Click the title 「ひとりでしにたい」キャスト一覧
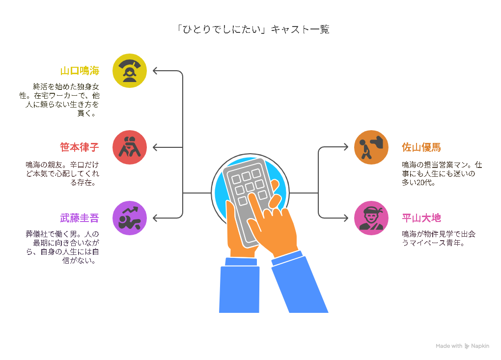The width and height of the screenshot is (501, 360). [x=253, y=29]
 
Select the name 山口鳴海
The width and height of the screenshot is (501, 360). [x=80, y=71]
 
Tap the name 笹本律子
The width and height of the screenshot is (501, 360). [x=80, y=147]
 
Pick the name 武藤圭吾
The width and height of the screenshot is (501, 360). [x=80, y=218]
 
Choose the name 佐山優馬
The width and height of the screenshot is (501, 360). [x=421, y=147]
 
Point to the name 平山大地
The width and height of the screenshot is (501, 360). [x=421, y=218]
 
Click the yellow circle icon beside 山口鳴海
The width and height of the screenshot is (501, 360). [x=129, y=71]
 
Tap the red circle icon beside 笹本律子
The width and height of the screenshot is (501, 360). [x=129, y=147]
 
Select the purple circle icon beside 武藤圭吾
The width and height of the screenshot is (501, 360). [x=129, y=218]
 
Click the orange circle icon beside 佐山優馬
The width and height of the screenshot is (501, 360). [x=371, y=147]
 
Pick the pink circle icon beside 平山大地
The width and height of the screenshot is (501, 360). [x=371, y=218]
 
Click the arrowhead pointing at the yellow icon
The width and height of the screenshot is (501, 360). [x=155, y=71]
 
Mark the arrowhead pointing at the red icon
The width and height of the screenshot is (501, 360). [x=155, y=147]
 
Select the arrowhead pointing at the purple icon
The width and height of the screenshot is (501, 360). [x=155, y=218]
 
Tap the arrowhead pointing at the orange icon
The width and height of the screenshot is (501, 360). [x=346, y=147]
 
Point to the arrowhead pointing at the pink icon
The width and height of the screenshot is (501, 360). [x=346, y=218]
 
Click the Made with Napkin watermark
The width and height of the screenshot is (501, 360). [x=462, y=346]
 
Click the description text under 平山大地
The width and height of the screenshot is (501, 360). [x=439, y=238]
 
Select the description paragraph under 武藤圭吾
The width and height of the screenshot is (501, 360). [x=62, y=247]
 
